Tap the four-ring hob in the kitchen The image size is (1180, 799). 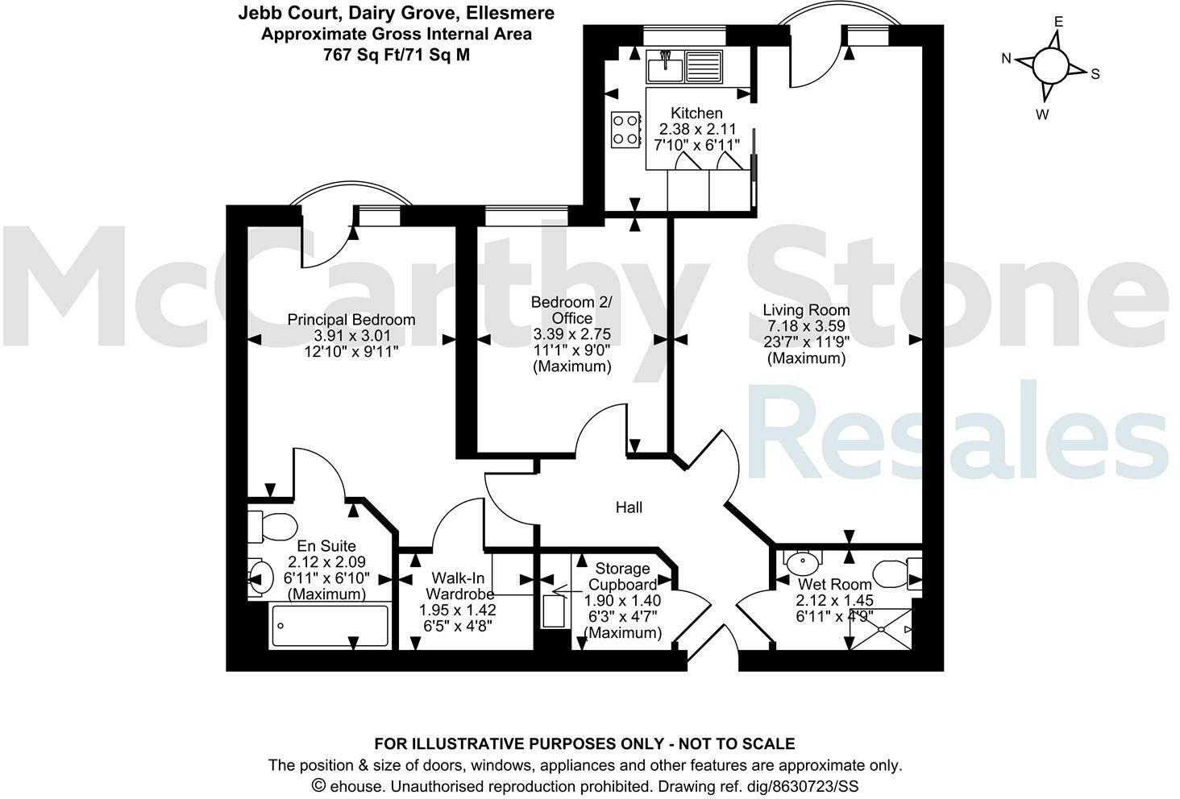point(625,129)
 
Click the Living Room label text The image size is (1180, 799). point(806,310)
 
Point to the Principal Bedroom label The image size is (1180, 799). point(351,320)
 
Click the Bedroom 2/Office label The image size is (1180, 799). point(571,310)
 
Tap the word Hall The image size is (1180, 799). point(629,507)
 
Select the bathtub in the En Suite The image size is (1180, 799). point(330,626)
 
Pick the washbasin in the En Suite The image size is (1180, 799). point(259,577)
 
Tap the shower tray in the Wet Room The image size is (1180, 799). point(882,629)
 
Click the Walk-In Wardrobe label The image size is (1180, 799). point(457,586)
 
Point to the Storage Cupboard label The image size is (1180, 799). point(622,577)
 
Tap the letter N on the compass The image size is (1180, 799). point(1007,58)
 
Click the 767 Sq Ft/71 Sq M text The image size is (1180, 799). point(396,55)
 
